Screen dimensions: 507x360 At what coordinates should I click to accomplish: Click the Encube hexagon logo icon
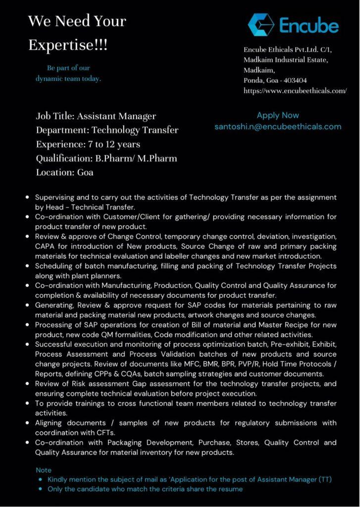(x=261, y=24)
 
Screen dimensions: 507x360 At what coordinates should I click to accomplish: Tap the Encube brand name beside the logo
(x=309, y=25)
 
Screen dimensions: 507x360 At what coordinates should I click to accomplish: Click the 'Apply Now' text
(x=278, y=115)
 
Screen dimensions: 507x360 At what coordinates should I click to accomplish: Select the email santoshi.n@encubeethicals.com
(x=278, y=126)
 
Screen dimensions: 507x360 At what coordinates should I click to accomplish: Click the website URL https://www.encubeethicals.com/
(x=295, y=91)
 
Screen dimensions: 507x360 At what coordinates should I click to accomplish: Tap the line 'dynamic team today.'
(x=68, y=78)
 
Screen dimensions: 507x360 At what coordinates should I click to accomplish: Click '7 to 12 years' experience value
(x=113, y=145)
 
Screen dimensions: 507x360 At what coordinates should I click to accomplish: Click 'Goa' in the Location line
(x=85, y=173)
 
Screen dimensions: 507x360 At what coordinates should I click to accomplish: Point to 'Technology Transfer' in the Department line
(x=135, y=131)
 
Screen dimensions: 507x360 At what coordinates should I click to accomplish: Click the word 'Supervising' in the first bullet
(x=54, y=197)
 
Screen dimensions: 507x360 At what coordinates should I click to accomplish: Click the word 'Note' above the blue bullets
(x=44, y=470)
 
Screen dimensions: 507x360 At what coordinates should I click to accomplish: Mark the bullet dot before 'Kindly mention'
(x=40, y=479)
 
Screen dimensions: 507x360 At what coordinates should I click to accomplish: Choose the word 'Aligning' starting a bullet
(x=50, y=423)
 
